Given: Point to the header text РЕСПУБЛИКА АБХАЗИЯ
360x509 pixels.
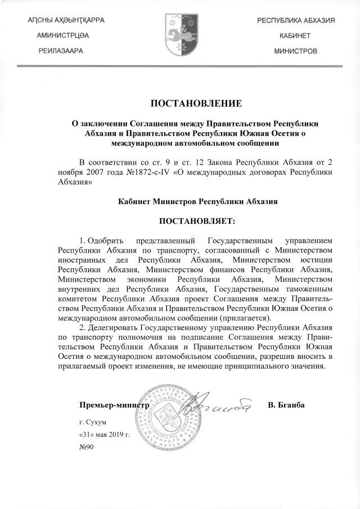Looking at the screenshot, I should click(x=296, y=21).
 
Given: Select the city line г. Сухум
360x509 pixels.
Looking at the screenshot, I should click(x=93, y=421).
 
